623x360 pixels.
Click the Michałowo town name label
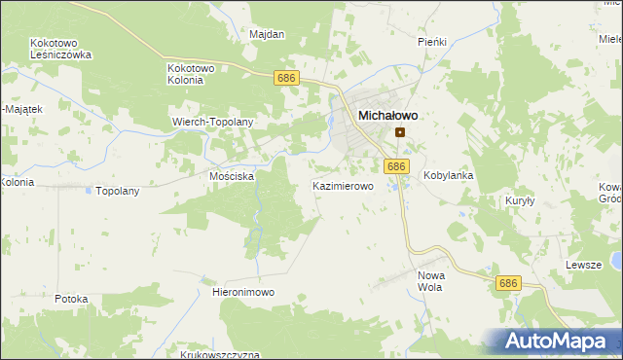[x=387, y=115]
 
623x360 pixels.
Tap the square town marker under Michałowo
[x=399, y=132]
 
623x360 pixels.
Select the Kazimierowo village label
[x=343, y=185]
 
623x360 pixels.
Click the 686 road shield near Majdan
[x=285, y=78]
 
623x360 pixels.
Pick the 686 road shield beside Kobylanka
[x=395, y=166]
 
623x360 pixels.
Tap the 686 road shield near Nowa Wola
[x=507, y=283]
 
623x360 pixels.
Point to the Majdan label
[x=267, y=35]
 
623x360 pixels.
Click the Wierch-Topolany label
[x=212, y=123]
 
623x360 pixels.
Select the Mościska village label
[x=232, y=177]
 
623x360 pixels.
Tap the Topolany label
[x=117, y=191]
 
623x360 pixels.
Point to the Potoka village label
[x=72, y=299]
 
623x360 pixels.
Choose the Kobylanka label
[x=448, y=176]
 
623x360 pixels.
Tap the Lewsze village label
[x=584, y=265]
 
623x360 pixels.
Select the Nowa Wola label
[x=430, y=281]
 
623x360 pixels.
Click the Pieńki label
[x=431, y=43]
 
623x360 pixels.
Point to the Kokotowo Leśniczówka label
[x=60, y=50]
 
